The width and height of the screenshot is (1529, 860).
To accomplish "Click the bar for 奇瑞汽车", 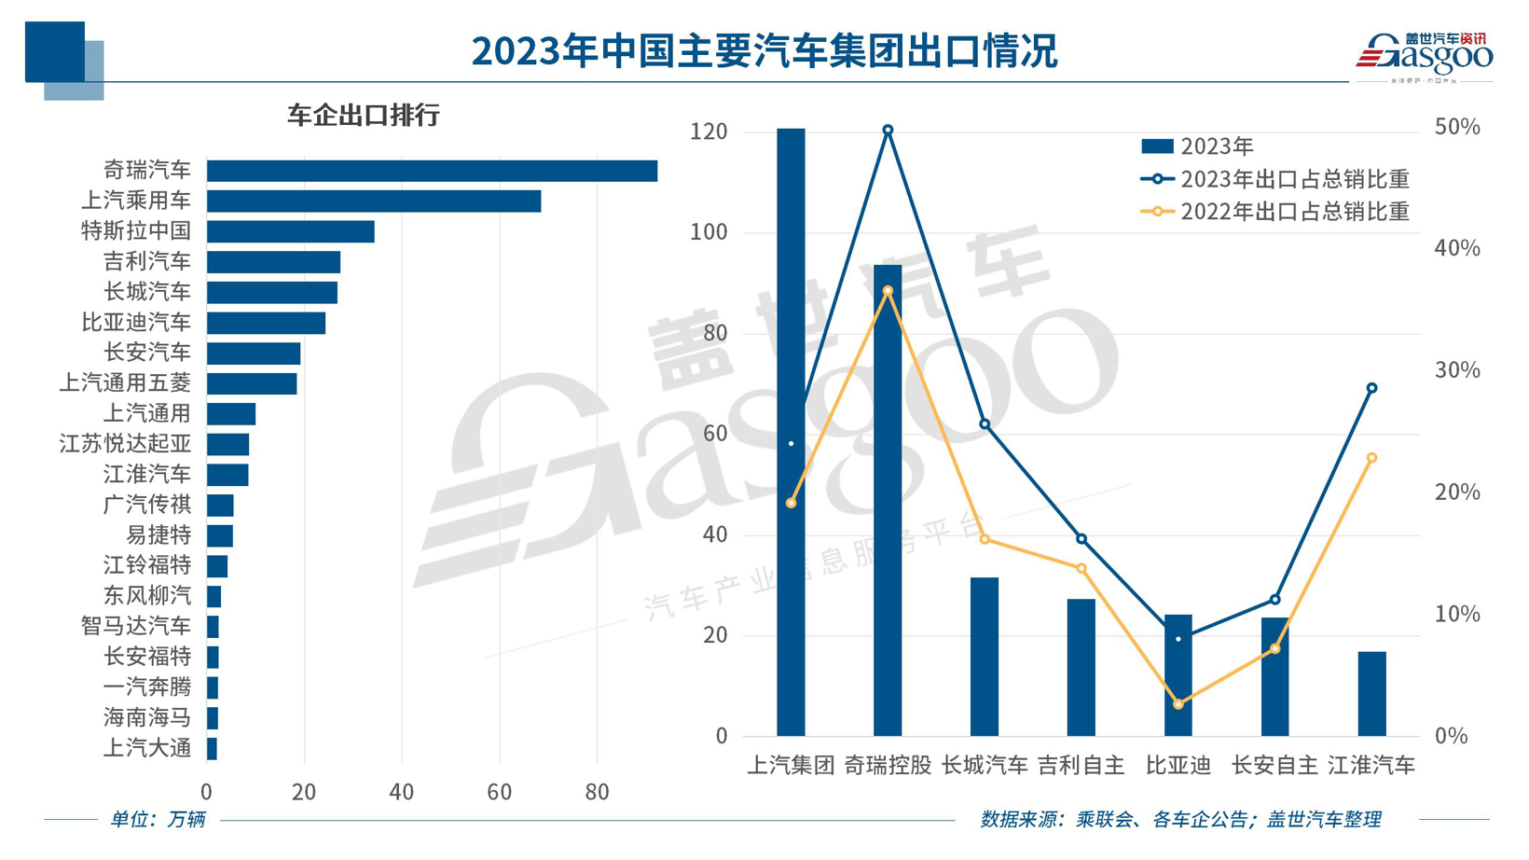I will pos(432,171).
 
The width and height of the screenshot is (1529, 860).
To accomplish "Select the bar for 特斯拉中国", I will pos(290,231).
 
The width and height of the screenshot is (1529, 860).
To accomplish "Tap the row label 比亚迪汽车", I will pos(136,323).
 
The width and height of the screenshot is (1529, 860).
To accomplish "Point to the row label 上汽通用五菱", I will pos(125,383).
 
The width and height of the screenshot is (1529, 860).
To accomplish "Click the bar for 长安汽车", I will pos(254,354).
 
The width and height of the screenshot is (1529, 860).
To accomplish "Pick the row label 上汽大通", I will pos(147,748).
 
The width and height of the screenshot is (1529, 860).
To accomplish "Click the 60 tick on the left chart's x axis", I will pos(499,793).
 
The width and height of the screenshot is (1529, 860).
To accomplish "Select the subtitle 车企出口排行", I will pos(363,116).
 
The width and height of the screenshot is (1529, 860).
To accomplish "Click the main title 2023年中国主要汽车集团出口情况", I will pos(764,50).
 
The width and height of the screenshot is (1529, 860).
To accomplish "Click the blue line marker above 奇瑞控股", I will pos(888,131).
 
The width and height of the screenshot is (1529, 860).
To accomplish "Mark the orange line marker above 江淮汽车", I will pos(1371,458).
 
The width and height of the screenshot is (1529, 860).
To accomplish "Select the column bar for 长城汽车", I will pos(985,657).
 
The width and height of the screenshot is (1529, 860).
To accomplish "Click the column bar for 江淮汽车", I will pos(1371,694).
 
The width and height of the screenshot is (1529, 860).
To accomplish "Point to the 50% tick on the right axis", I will pos(1457,128).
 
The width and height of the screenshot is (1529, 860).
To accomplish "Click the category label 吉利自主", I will pos(1081,766).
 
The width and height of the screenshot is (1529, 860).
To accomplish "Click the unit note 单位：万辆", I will pos(158,820).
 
